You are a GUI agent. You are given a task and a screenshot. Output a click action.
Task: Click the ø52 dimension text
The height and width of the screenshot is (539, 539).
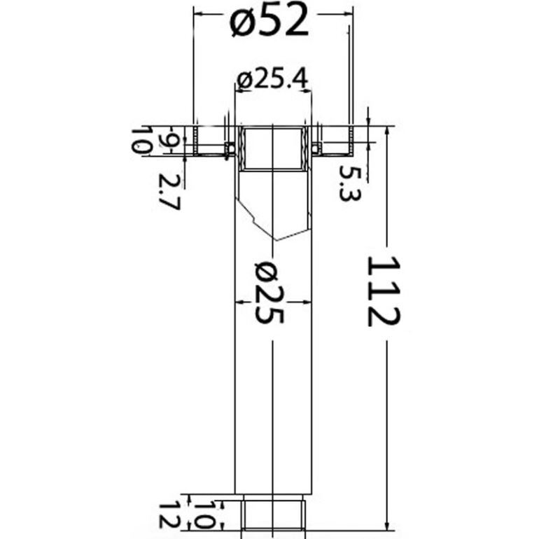(269, 24)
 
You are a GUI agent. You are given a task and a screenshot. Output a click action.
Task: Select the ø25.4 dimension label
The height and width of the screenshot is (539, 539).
(273, 80)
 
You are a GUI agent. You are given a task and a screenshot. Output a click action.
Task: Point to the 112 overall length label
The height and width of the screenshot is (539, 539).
(384, 290)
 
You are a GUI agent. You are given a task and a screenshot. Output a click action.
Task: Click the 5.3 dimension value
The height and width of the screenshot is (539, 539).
(348, 183)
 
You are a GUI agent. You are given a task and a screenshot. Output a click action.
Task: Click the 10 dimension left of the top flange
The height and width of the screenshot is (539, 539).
(143, 141)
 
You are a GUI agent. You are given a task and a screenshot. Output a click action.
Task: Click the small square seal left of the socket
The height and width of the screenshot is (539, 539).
(230, 147)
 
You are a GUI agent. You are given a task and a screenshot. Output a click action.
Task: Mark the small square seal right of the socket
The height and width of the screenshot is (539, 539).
(316, 147)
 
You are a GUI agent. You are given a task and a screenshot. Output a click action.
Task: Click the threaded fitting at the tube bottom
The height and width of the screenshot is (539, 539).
(272, 513)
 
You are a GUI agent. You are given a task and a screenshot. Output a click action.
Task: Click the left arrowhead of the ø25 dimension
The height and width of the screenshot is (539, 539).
(238, 302)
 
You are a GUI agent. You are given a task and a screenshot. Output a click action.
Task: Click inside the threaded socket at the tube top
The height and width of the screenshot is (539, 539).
(272, 148)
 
